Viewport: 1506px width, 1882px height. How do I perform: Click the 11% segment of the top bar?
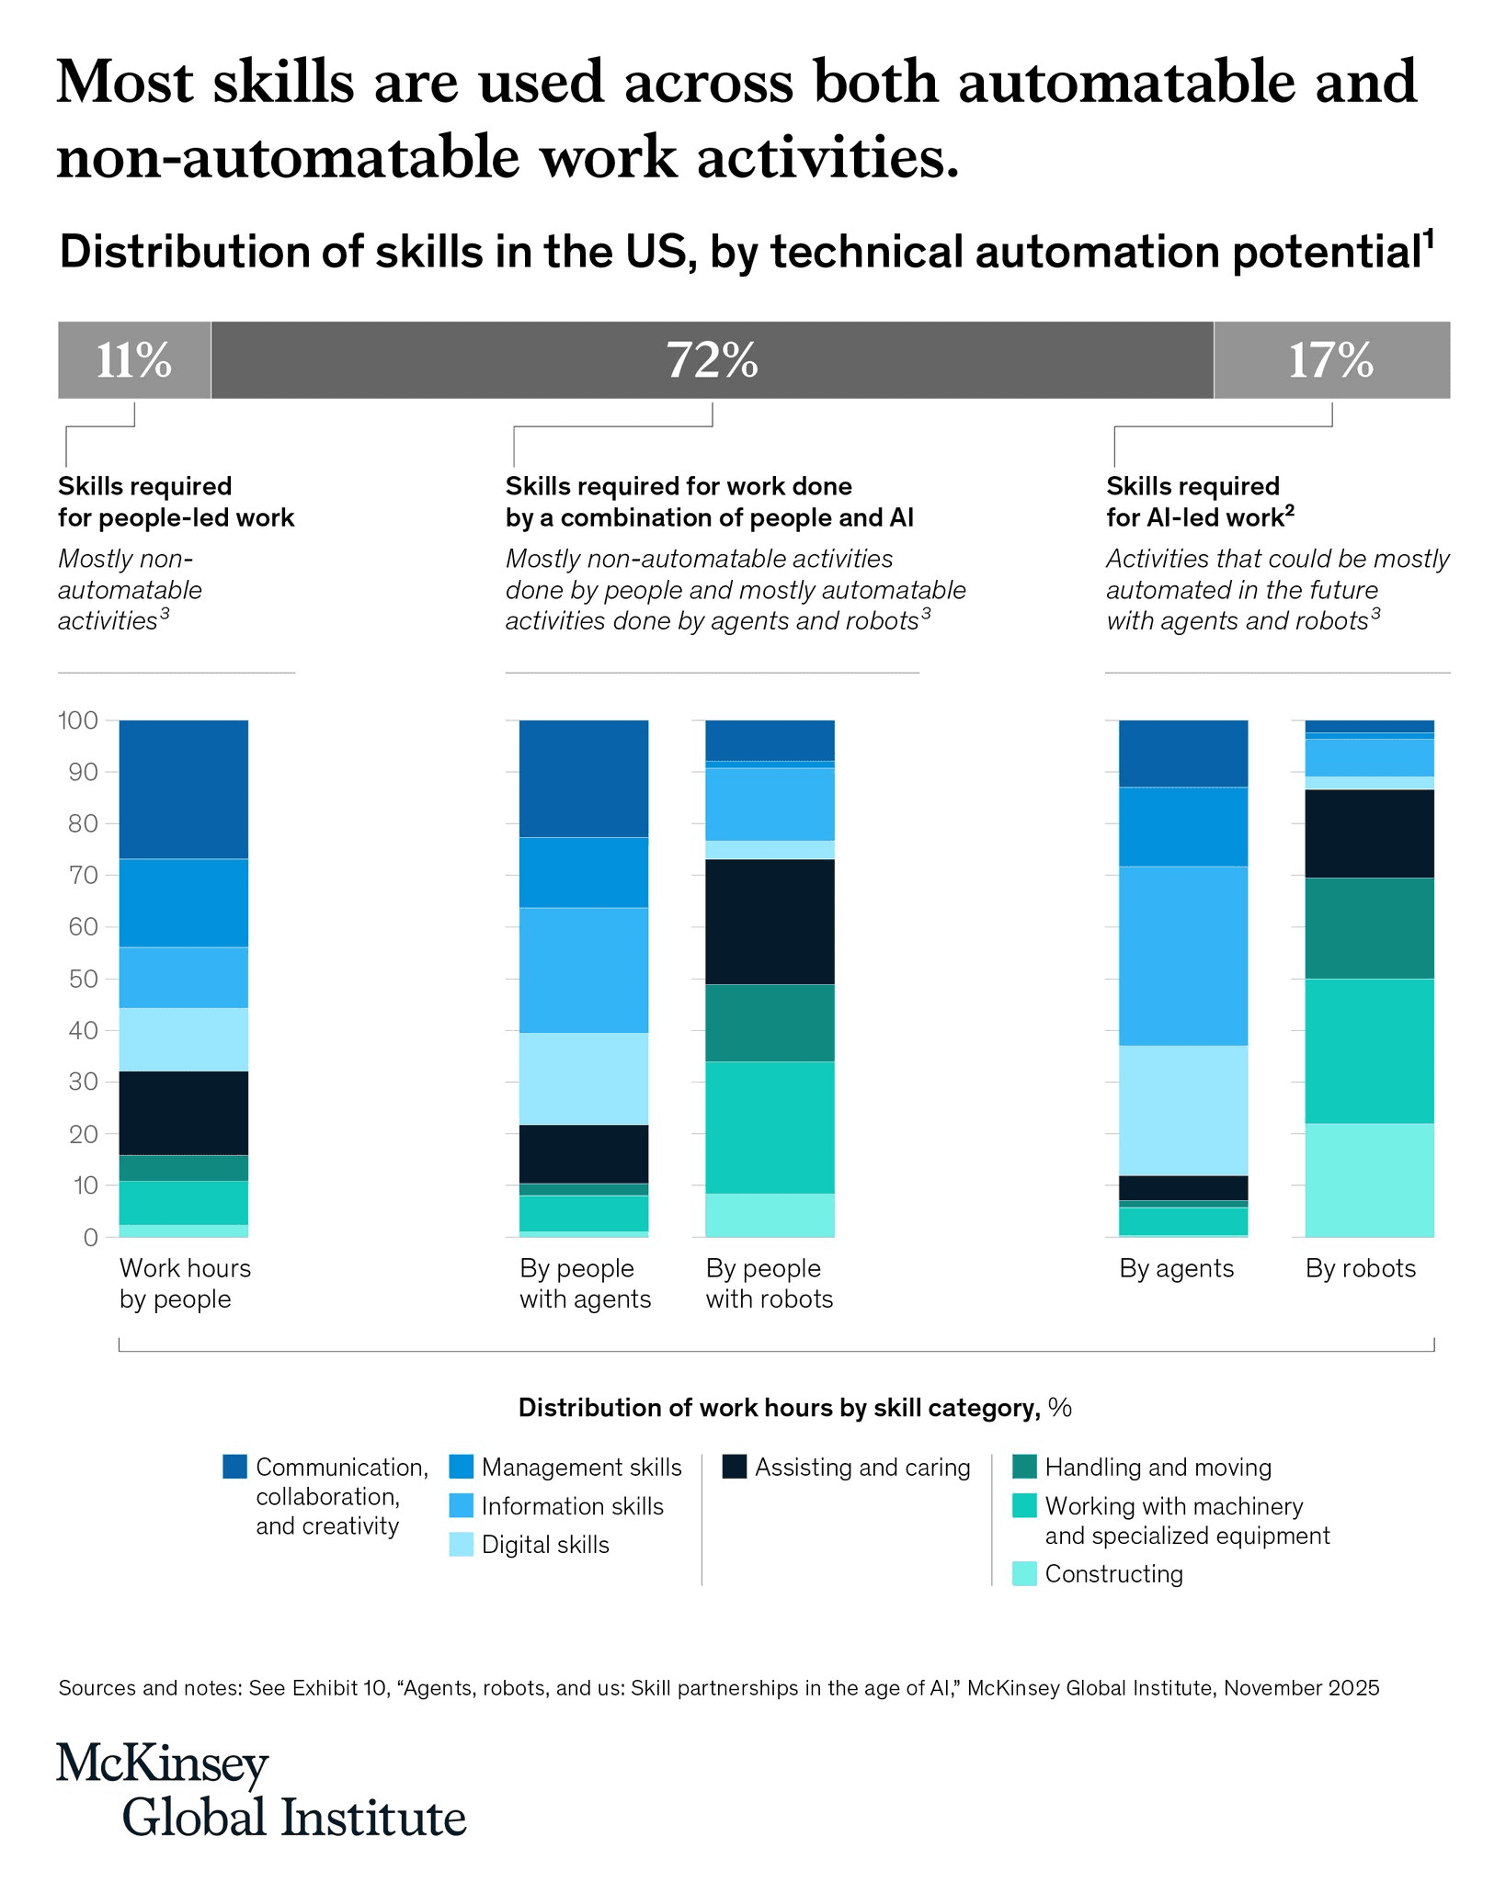(134, 359)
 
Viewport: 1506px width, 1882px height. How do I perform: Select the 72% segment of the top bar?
(712, 359)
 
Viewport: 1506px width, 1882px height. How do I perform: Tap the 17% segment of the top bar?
(1331, 359)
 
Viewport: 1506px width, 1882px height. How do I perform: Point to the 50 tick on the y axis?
(78, 979)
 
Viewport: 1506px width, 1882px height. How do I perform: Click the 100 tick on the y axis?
(78, 720)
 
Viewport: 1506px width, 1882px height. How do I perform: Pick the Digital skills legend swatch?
(462, 1544)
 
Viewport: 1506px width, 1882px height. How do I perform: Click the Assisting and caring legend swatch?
(735, 1467)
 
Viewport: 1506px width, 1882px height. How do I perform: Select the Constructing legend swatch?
(1024, 1573)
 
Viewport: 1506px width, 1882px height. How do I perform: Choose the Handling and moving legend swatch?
(1024, 1467)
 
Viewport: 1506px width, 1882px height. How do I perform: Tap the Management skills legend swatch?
(462, 1467)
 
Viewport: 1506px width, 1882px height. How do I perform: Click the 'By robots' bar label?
(1361, 1268)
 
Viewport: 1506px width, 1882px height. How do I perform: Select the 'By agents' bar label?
(1176, 1268)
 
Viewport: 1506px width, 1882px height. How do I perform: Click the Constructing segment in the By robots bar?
(1369, 1180)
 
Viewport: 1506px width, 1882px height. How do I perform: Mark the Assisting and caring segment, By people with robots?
(770, 922)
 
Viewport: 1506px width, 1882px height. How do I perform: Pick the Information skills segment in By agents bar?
(1183, 956)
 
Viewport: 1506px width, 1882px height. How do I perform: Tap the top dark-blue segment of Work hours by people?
(184, 789)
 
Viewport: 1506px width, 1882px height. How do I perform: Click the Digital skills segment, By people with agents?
(584, 1079)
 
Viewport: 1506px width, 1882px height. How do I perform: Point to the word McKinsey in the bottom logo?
(163, 1764)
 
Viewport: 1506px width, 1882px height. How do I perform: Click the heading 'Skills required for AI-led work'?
(1199, 502)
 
